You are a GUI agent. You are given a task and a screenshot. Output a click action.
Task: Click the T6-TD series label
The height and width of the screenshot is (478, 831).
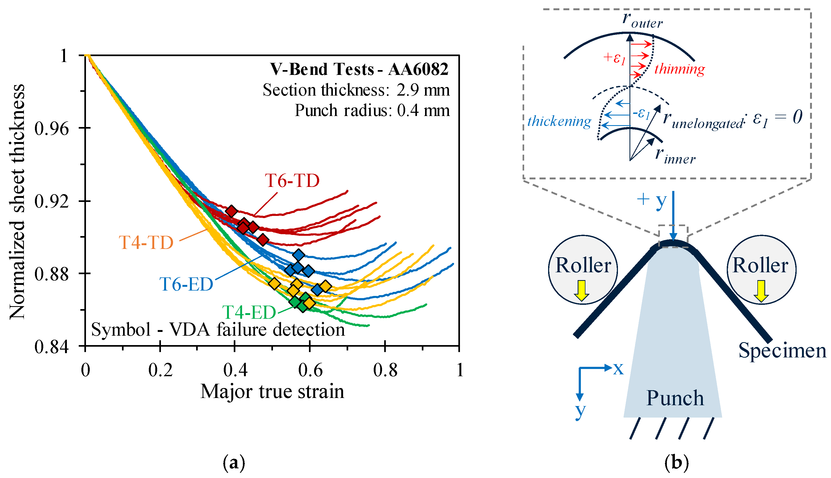pos(292,180)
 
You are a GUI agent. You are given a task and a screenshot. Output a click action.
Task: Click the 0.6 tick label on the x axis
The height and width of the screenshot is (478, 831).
pos(310,370)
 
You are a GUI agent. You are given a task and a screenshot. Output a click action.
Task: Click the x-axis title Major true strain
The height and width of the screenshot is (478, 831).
pos(272,391)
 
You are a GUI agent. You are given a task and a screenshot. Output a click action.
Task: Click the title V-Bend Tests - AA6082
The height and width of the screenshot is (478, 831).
pos(359,69)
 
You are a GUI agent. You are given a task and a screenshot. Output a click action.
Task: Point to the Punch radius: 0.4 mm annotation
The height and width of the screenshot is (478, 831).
pos(372,110)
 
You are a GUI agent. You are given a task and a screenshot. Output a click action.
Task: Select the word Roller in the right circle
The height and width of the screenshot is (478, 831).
pos(760,265)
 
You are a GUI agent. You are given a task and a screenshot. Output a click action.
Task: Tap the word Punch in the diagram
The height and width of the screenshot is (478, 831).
pos(675,398)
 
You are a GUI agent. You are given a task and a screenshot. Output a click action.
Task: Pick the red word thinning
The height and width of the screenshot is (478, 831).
pos(679,69)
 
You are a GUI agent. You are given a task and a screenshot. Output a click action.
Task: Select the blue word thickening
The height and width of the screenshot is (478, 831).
pos(559,121)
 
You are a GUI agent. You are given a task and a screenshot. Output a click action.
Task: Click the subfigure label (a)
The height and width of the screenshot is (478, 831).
pos(234,463)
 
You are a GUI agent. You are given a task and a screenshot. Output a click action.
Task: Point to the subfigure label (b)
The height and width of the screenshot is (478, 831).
pos(676,463)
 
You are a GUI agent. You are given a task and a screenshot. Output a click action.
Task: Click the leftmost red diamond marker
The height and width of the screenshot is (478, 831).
pos(232,211)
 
